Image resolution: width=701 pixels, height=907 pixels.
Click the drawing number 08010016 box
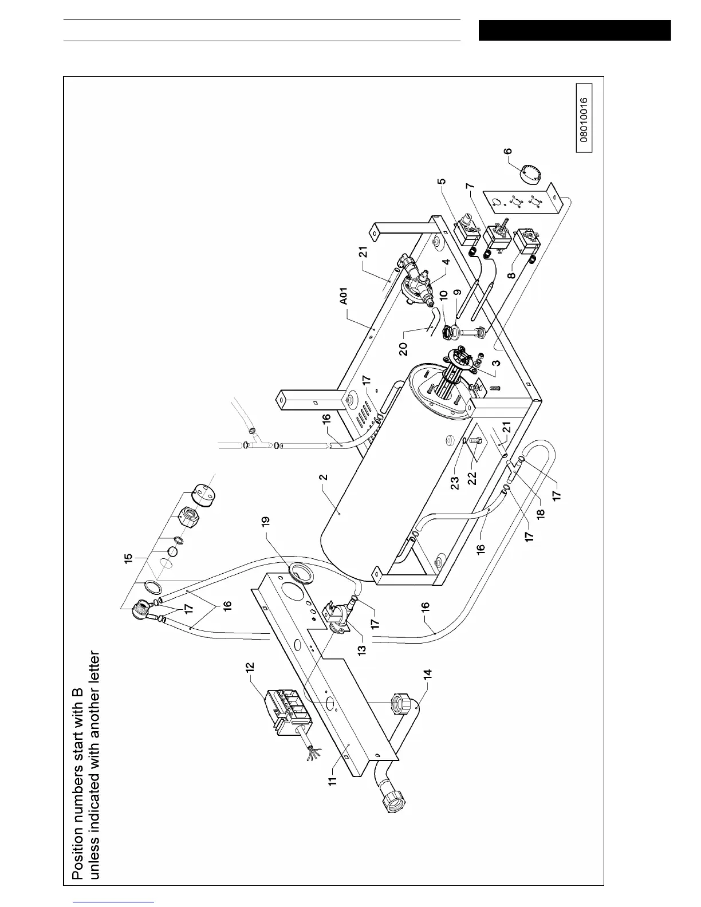coord(584,119)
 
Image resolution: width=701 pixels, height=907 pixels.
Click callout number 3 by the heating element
coord(496,362)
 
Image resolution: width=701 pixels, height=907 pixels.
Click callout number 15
coord(129,557)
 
